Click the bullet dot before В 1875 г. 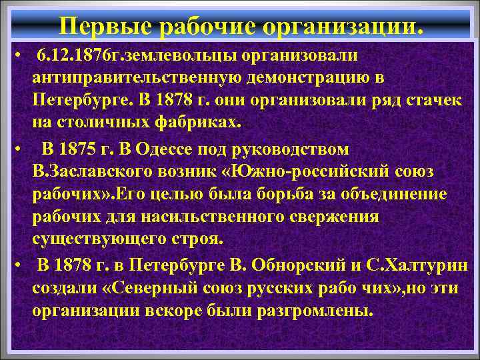(22, 148)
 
